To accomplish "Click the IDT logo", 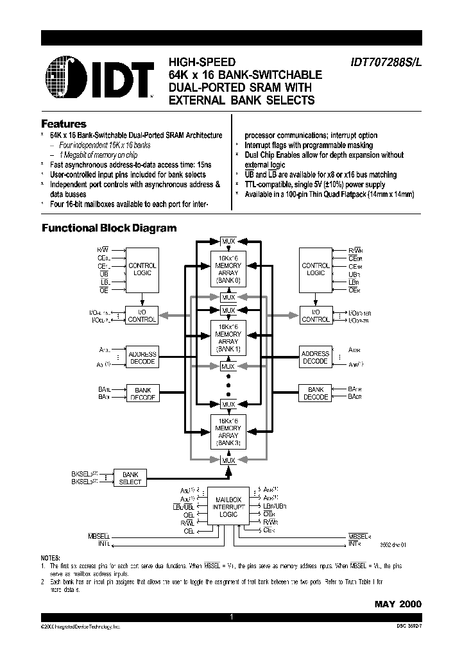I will [x=100, y=78].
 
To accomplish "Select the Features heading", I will [x=64, y=124].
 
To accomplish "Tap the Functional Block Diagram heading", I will [x=109, y=228].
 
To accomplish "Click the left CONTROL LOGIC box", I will [x=142, y=269].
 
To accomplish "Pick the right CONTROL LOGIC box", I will [x=315, y=269].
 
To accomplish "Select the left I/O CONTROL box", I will [x=142, y=315].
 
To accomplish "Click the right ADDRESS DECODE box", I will [x=315, y=357].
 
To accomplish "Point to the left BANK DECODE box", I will [x=142, y=393].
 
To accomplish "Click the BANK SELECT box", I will [x=130, y=478].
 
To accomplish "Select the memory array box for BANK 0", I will [x=228, y=271].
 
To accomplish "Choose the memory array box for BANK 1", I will [x=228, y=341].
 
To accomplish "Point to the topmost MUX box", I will [x=228, y=241].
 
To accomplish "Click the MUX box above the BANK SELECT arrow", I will [x=228, y=460].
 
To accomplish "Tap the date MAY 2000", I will [x=398, y=604].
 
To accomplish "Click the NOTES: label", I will [x=50, y=558].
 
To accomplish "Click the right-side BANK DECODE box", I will [x=315, y=393].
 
